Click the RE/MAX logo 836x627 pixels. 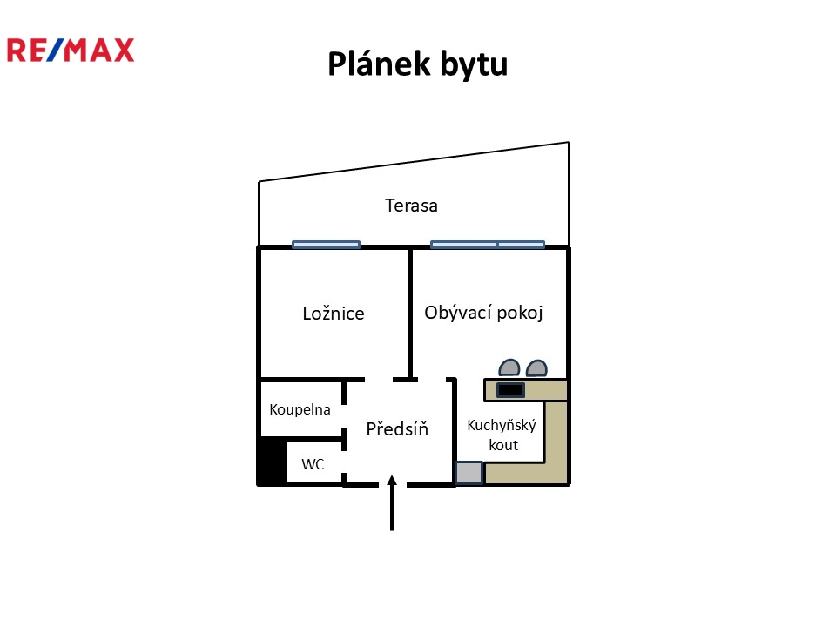coord(71,50)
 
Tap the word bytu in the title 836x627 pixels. coord(474,64)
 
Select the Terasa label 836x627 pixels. coord(411,206)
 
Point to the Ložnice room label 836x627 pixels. coord(333,313)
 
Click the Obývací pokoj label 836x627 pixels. coord(483,313)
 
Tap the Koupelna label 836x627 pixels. coord(300,409)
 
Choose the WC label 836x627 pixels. coord(313,465)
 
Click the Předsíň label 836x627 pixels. coord(397,428)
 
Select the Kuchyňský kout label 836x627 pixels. coord(502,435)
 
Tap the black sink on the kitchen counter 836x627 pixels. coord(510,390)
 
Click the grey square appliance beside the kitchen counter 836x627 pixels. coord(469,473)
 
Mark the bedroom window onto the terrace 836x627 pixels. coord(326,245)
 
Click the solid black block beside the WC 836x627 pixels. coord(273,462)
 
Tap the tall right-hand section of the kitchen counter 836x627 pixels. coord(556,440)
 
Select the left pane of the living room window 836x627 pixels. coord(464,245)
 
